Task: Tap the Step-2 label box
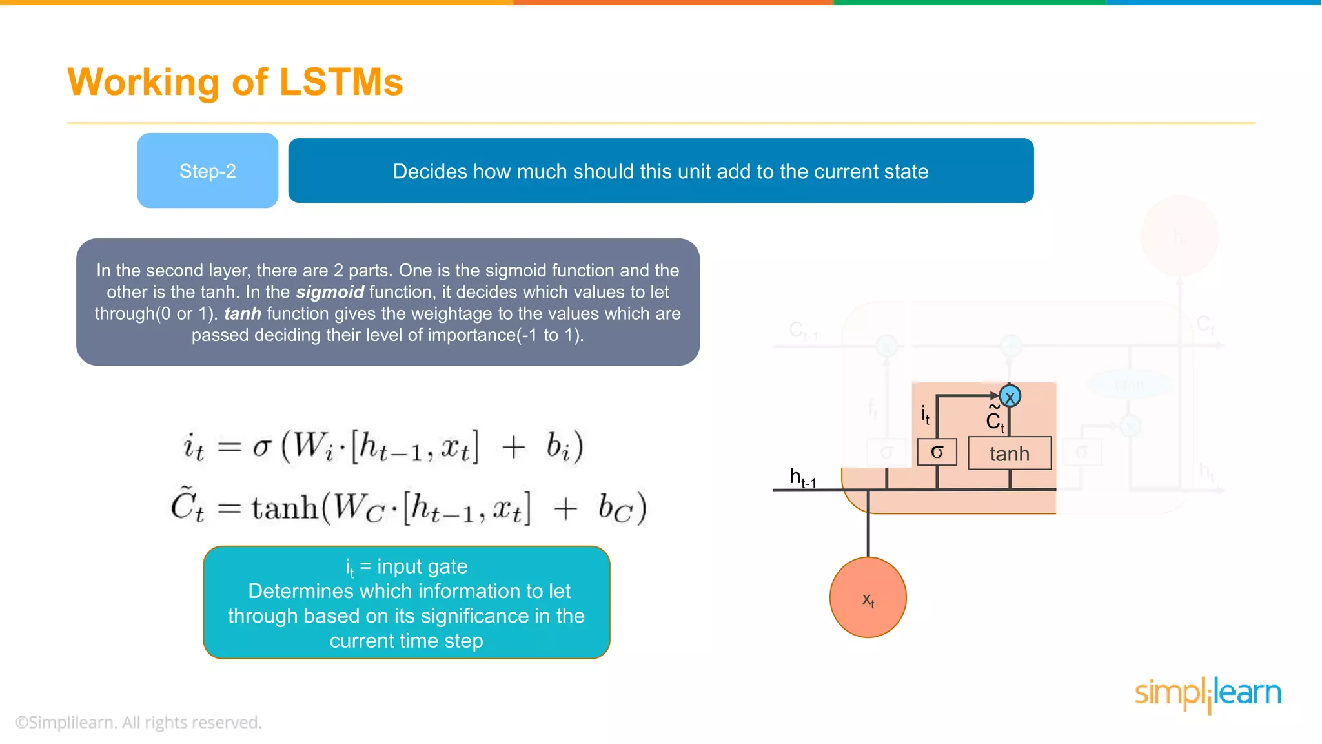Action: click(x=208, y=171)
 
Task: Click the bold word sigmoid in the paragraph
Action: click(x=330, y=292)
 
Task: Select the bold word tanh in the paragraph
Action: click(x=243, y=314)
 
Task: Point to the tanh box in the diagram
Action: click(x=1010, y=453)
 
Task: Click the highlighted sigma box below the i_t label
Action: click(x=937, y=452)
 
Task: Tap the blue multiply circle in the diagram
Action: click(x=1010, y=396)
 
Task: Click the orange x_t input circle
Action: click(x=868, y=598)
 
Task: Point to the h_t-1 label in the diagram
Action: click(x=802, y=479)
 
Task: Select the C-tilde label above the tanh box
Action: click(x=995, y=419)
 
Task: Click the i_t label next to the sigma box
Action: click(x=925, y=415)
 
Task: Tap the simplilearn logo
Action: click(x=1208, y=694)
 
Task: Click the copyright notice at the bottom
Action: click(x=139, y=722)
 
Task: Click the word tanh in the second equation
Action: click(x=285, y=508)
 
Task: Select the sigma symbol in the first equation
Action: click(x=261, y=447)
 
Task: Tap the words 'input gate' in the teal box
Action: click(x=422, y=566)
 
